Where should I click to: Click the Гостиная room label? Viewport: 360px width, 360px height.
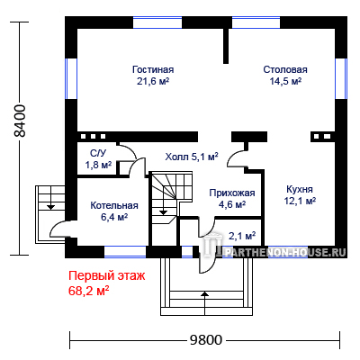tap(153, 69)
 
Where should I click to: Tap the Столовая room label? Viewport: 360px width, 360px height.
tap(285, 69)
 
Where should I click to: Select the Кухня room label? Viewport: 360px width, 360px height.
tap(300, 189)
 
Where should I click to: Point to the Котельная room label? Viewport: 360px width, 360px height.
tap(114, 205)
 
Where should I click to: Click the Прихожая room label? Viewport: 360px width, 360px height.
tap(232, 193)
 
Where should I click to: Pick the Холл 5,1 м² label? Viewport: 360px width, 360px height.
tap(192, 157)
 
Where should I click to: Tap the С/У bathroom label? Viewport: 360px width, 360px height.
tap(98, 153)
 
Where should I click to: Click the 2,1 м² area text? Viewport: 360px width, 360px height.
tap(242, 236)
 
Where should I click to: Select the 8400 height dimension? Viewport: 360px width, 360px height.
tap(21, 121)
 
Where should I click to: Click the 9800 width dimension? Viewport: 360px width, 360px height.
tap(206, 340)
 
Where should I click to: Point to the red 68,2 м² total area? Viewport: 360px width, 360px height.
tap(88, 291)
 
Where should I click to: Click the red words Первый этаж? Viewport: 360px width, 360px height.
tap(107, 275)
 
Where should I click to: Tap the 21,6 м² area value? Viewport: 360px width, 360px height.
tap(153, 81)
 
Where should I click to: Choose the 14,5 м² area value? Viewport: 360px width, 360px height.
tap(285, 81)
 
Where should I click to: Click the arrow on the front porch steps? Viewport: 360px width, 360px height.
tap(204, 303)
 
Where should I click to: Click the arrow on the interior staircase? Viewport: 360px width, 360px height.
tap(163, 204)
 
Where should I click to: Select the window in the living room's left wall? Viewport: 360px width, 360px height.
tap(71, 78)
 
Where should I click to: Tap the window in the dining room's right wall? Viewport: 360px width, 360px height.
tap(341, 78)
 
